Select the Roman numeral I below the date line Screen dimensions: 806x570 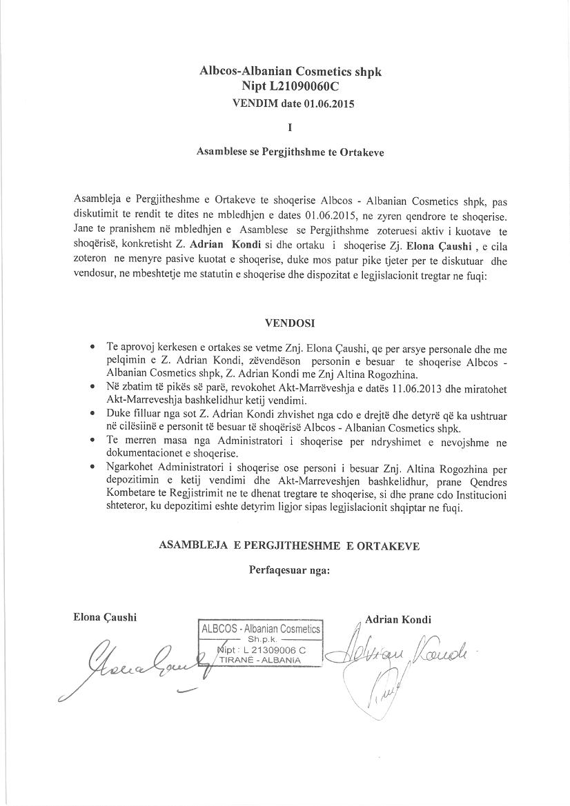tap(290, 127)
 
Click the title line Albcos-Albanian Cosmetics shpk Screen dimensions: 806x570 tap(290, 71)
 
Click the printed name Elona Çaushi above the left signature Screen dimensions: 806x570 tap(105, 617)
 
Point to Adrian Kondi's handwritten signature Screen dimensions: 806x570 tap(400, 655)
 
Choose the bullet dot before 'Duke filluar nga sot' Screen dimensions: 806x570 tap(92, 413)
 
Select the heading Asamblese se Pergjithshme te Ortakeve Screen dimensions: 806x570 tap(290, 153)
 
